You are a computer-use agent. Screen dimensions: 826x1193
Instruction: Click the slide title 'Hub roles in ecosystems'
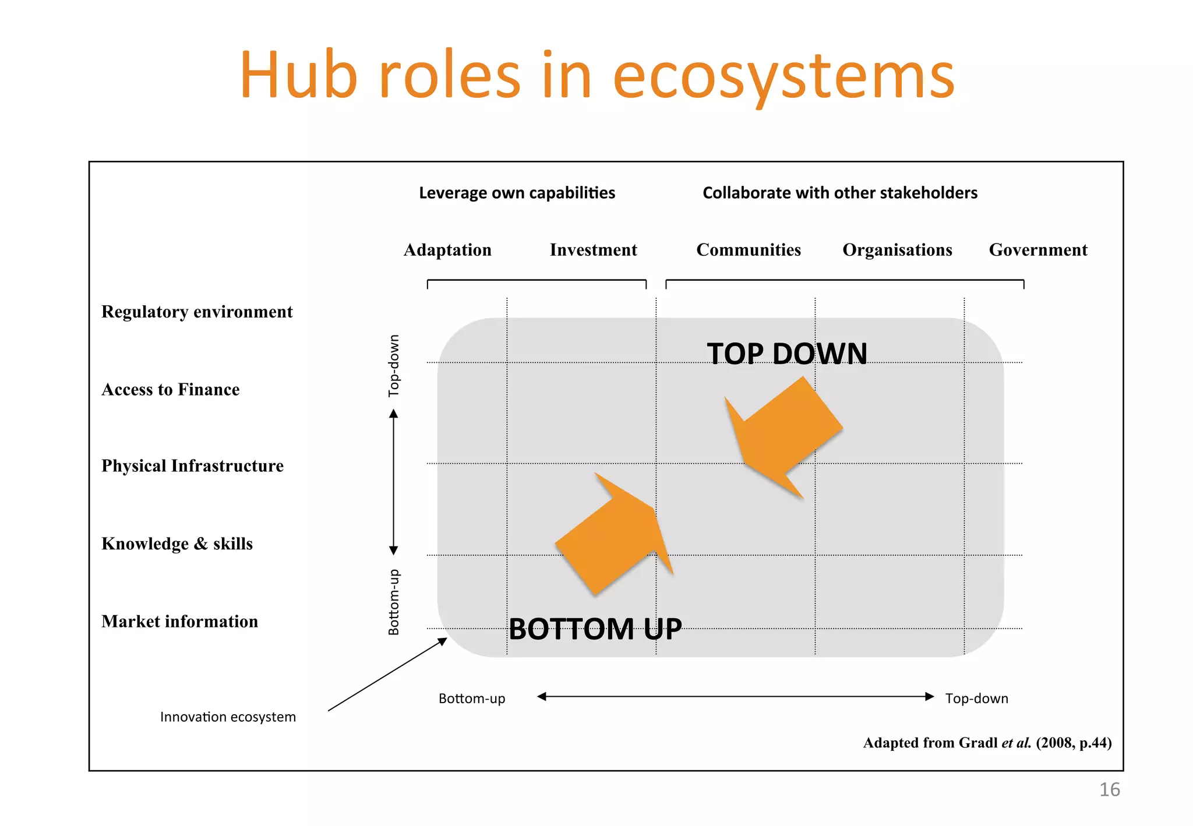(596, 76)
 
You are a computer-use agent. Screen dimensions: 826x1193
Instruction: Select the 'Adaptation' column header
(447, 250)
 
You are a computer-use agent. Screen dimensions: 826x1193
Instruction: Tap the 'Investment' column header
(593, 250)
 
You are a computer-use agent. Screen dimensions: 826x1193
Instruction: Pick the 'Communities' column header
(749, 250)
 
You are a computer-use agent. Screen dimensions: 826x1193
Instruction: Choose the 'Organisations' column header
(897, 250)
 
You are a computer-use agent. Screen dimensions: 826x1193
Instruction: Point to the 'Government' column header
(1038, 250)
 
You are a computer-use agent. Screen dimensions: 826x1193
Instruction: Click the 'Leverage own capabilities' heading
(517, 193)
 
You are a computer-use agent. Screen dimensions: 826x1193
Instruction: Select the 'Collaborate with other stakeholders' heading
(840, 193)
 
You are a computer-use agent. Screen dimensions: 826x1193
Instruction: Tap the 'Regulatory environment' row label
(197, 312)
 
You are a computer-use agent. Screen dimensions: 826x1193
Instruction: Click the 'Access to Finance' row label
(171, 389)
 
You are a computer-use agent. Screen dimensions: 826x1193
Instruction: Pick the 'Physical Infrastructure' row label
(192, 466)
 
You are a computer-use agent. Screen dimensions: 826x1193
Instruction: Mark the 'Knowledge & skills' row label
(177, 543)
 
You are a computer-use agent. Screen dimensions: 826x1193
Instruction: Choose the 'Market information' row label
(179, 622)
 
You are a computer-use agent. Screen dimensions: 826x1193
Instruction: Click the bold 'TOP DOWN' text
(787, 354)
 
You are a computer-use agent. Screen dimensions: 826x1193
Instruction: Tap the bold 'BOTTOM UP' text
(595, 629)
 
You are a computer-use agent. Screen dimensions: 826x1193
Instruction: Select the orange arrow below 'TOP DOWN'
(781, 434)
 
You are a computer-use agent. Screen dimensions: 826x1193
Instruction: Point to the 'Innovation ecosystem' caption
(228, 717)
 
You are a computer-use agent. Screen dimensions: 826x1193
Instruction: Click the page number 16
(1109, 790)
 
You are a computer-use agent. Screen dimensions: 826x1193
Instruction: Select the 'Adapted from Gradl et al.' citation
(987, 743)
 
